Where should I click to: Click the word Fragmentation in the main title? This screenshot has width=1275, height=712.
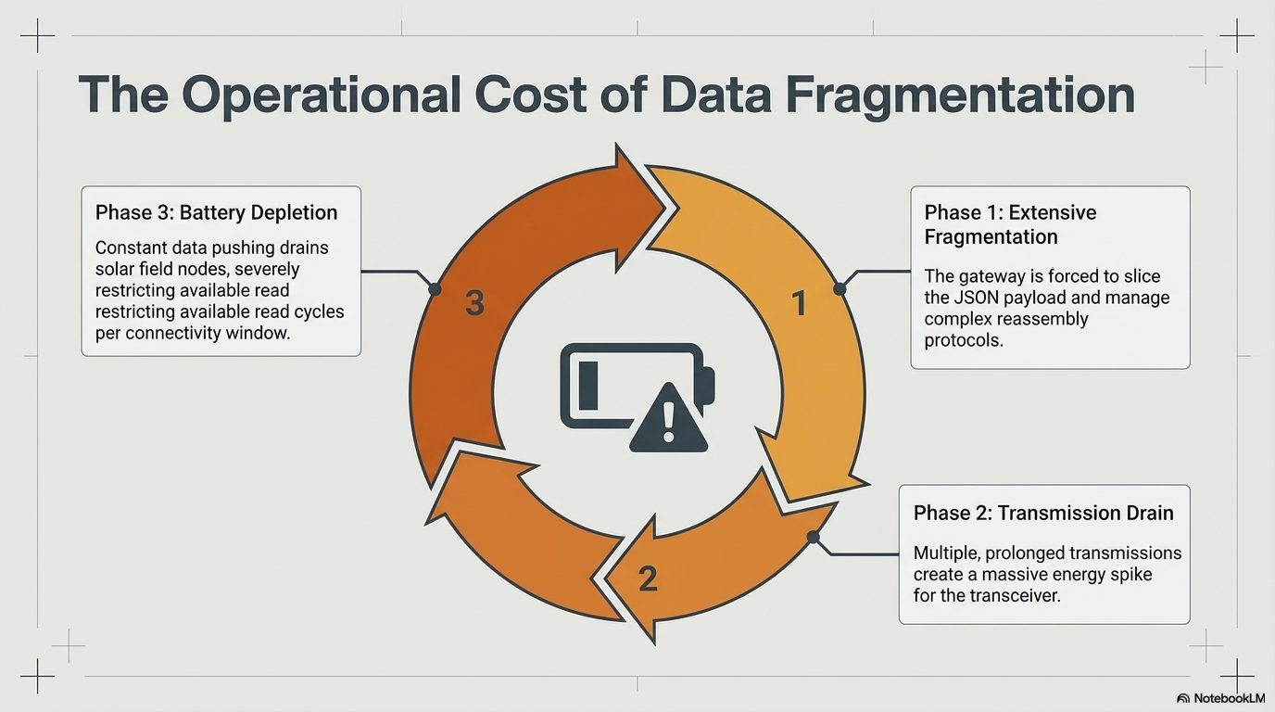(x=960, y=95)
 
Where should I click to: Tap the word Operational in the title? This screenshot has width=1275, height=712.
(x=321, y=96)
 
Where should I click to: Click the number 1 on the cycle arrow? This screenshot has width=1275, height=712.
(x=800, y=303)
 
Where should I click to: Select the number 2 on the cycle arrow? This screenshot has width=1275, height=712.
(x=649, y=578)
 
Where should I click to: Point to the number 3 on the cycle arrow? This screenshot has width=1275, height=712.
(x=474, y=303)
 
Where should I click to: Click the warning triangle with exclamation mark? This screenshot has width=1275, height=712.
(x=669, y=418)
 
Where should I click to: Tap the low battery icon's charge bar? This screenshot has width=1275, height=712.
(x=588, y=387)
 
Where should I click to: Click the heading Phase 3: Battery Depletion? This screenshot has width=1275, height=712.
(x=216, y=212)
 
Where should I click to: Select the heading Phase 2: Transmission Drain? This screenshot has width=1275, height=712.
(x=1043, y=514)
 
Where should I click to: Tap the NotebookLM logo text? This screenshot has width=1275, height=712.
(x=1230, y=698)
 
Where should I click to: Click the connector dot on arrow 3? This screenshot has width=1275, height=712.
(x=435, y=289)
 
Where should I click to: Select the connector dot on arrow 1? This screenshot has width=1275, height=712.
(x=839, y=289)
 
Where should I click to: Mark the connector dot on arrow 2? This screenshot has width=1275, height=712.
(x=814, y=537)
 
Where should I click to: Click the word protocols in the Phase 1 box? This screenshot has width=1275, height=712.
(x=963, y=340)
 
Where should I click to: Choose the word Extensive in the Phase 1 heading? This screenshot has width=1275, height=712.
(x=1053, y=212)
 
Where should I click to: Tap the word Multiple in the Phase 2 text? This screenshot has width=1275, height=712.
(x=947, y=553)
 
